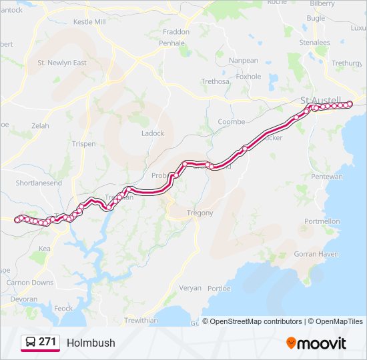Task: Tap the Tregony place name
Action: (200, 213)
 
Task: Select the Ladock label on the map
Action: (152, 133)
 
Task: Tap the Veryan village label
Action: (190, 288)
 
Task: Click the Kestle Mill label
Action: (89, 21)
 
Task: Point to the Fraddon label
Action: (176, 31)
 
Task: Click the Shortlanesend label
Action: (39, 183)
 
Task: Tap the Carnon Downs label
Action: (30, 283)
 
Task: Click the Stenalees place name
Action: (314, 42)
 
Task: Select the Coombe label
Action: (232, 122)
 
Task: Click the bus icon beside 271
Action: (31, 342)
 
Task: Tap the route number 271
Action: (47, 342)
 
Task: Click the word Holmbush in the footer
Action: (91, 343)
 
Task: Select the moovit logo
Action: (316, 343)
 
